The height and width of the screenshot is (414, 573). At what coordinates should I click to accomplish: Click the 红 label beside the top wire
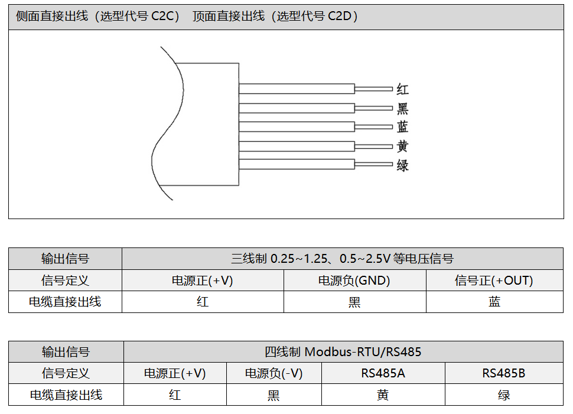(x=402, y=90)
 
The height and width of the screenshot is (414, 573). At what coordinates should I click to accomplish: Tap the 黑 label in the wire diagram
(x=402, y=109)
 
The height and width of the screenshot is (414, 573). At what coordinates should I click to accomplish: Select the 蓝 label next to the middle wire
(x=402, y=128)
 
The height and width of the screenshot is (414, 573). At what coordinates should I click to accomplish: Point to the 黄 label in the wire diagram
(x=402, y=146)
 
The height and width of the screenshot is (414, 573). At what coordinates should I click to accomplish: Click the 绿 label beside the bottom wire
(x=402, y=165)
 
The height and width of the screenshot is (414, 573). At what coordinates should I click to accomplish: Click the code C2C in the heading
(x=165, y=17)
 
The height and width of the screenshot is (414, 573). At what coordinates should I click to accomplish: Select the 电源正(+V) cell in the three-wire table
(x=202, y=281)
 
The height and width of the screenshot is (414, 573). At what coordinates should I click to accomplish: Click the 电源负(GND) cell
(x=354, y=281)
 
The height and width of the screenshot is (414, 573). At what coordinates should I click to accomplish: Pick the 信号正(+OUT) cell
(x=494, y=281)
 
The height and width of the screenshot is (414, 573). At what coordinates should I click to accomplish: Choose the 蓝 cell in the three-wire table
(x=494, y=302)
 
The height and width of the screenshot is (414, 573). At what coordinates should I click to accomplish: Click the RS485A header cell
(x=383, y=373)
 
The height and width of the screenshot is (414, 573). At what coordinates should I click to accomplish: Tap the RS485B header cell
(x=503, y=373)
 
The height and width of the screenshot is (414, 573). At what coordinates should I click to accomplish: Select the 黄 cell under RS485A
(x=383, y=395)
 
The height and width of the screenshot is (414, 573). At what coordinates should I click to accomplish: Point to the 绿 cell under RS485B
(x=503, y=395)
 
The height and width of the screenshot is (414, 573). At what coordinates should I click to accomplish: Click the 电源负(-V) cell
(x=274, y=373)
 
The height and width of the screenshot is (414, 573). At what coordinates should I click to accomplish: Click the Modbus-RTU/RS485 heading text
(x=363, y=352)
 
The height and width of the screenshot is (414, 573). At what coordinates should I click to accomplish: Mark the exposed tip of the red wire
(x=373, y=89)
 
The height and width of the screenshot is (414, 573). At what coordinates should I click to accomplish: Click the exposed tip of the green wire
(x=373, y=164)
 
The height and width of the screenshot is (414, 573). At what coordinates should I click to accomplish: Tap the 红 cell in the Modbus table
(x=175, y=395)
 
